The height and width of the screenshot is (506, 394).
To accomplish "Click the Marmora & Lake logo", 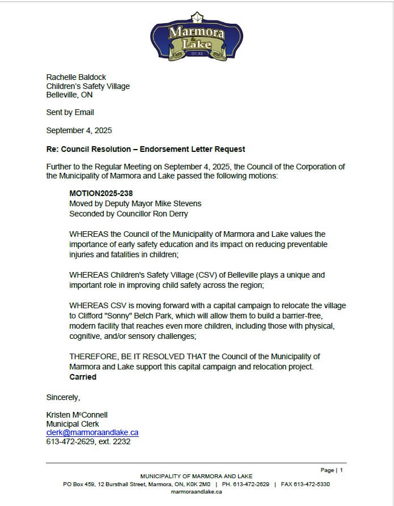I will [x=196, y=39].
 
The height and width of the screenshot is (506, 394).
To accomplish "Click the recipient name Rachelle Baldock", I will [x=76, y=77].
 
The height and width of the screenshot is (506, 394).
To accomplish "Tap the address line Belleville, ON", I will [x=69, y=95].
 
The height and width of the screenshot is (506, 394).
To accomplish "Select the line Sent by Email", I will [x=70, y=112].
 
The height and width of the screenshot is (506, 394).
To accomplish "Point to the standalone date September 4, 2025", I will [x=79, y=130].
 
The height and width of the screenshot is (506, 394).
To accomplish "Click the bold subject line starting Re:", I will [x=146, y=149].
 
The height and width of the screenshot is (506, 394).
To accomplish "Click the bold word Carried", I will [x=83, y=377].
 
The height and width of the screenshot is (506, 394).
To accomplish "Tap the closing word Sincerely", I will [x=63, y=397].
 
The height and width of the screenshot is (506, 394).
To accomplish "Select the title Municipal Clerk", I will [x=73, y=424].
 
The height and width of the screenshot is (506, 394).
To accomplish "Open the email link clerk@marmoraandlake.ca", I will [x=92, y=432].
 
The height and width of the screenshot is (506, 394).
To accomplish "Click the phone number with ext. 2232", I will [x=88, y=441].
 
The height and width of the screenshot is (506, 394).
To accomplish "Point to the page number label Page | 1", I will [x=332, y=470].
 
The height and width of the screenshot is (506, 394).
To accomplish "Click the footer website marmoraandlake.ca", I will [x=196, y=492].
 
